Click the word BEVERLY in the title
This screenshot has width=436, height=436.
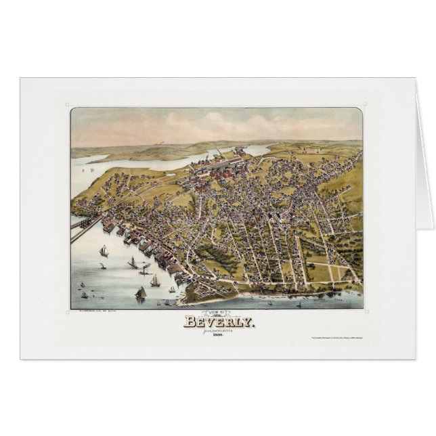click(x=219, y=322)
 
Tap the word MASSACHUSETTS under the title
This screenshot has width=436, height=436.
click(x=219, y=331)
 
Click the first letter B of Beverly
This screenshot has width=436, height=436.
click(x=189, y=322)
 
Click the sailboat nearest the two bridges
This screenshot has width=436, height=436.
click(x=104, y=251)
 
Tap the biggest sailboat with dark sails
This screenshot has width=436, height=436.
click(x=141, y=293)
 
